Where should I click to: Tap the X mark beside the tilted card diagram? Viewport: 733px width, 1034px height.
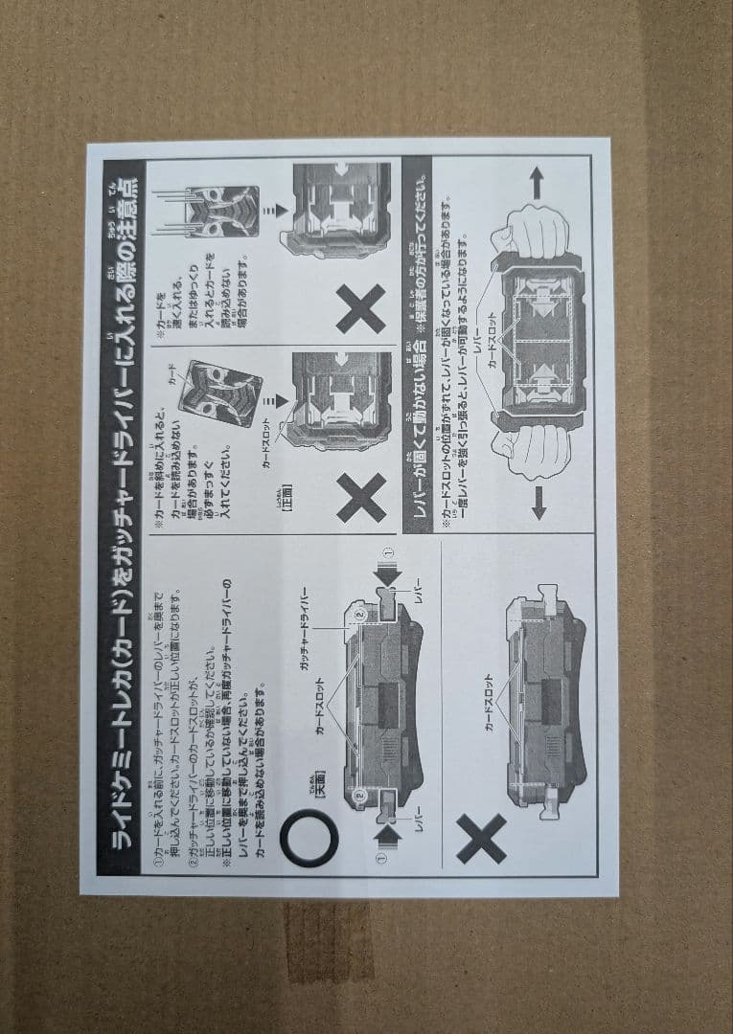point(361,498)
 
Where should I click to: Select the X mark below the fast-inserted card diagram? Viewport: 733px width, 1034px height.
point(361,308)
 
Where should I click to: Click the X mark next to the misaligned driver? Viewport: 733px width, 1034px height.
point(481,839)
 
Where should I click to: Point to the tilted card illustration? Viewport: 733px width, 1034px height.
point(219,393)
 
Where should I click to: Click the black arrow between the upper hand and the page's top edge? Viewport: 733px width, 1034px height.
point(537,182)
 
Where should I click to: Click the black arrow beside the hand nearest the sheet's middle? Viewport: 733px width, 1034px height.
point(538,502)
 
